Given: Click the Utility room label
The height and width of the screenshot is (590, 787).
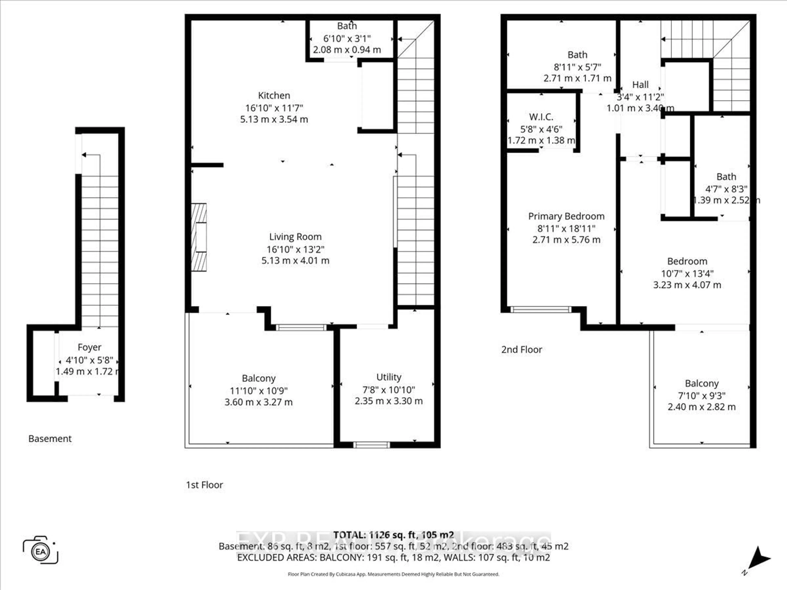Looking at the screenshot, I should (389, 377).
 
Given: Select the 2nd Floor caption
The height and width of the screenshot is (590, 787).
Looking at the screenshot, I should (522, 349).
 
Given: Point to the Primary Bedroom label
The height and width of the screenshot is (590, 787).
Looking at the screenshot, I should (566, 216).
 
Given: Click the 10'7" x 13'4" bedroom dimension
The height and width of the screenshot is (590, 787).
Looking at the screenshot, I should (687, 273).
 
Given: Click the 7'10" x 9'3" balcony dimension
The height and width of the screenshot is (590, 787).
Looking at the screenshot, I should (701, 395).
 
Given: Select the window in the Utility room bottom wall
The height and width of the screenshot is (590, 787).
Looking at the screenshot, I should (371, 445).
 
